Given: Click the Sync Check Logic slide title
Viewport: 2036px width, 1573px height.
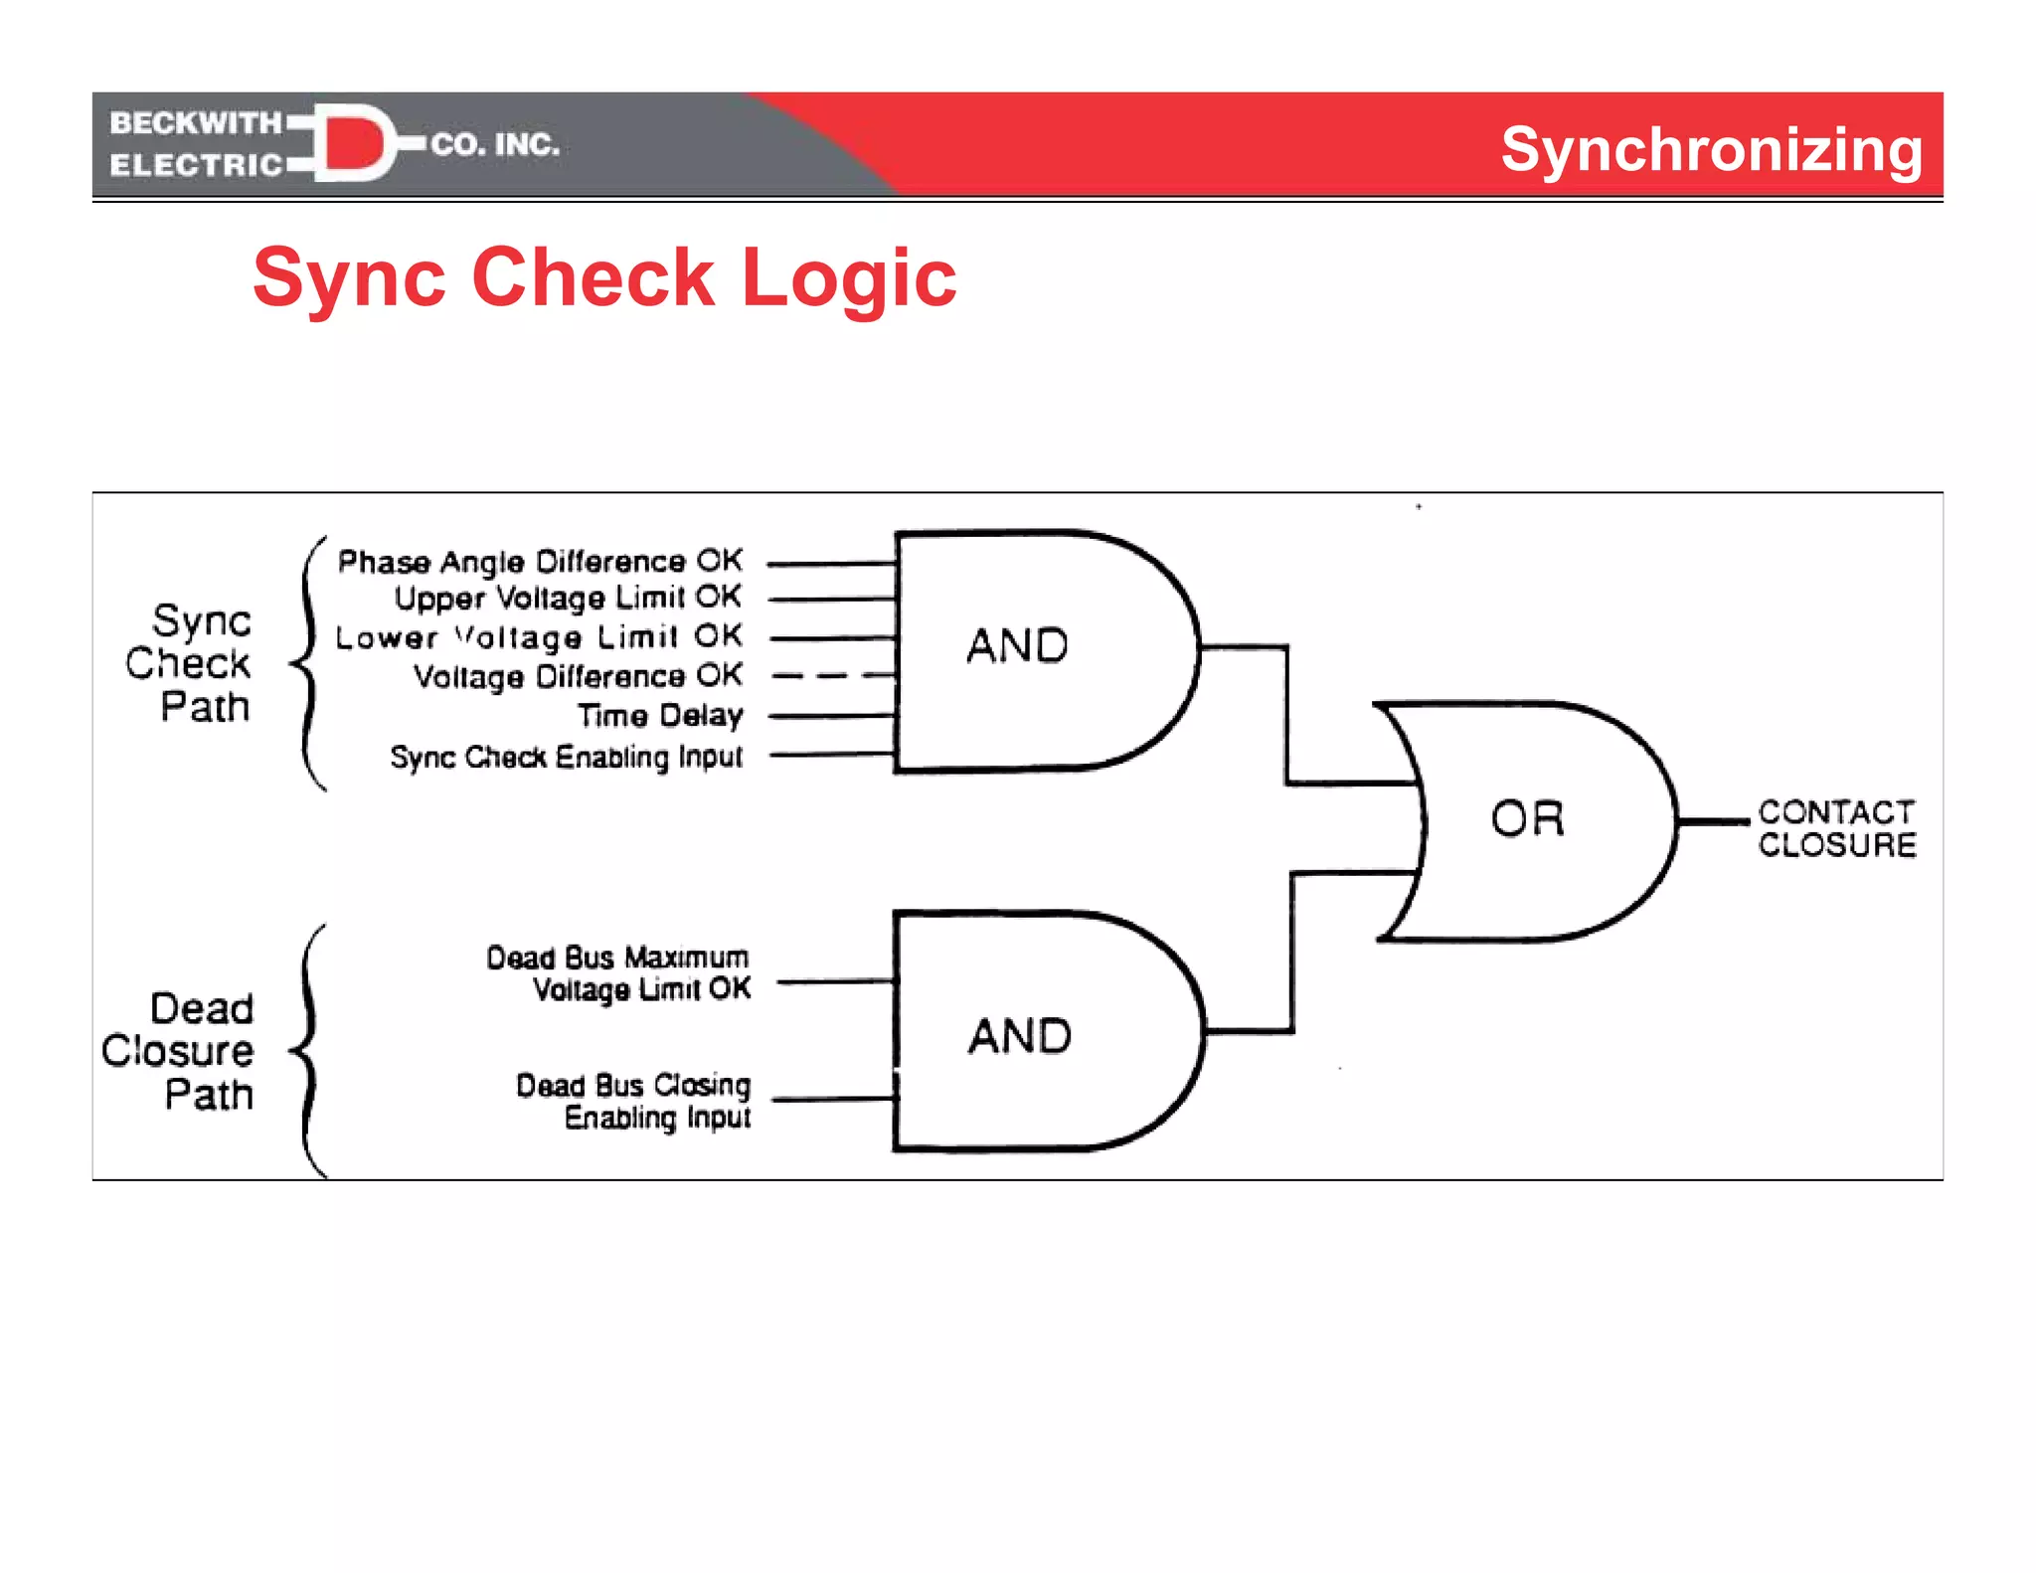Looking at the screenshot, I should click(x=603, y=277).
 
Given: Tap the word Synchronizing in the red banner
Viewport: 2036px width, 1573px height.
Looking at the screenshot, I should click(x=1710, y=149).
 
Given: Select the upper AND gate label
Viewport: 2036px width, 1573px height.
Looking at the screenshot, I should click(x=1017, y=646).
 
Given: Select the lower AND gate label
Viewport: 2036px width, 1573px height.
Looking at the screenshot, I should click(x=1020, y=1036).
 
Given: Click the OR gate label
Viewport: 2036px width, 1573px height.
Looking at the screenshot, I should click(x=1527, y=818).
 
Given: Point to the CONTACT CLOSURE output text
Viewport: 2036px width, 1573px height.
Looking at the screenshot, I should click(x=1835, y=828).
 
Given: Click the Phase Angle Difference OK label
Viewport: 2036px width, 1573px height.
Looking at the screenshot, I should click(x=540, y=562).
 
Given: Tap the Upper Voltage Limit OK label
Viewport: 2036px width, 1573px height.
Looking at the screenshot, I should click(x=568, y=598).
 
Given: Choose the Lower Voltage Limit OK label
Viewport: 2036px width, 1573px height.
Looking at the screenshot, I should click(x=539, y=636).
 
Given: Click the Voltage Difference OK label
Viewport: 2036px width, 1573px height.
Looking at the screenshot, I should click(x=578, y=676).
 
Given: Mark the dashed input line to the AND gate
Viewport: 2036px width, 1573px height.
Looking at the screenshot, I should click(x=833, y=676).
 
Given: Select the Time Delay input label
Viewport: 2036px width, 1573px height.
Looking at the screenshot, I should click(x=660, y=715).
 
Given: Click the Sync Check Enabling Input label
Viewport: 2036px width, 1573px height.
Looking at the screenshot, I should click(x=566, y=757).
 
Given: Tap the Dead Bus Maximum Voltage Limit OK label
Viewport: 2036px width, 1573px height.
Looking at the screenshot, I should click(x=618, y=973).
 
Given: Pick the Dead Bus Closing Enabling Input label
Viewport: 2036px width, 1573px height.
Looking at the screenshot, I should click(x=634, y=1101).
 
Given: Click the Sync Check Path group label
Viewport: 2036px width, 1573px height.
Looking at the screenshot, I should click(x=189, y=663).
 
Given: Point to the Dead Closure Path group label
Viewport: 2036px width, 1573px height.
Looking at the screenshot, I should click(x=179, y=1051).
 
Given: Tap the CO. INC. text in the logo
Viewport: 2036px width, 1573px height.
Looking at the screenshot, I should click(x=494, y=144).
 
